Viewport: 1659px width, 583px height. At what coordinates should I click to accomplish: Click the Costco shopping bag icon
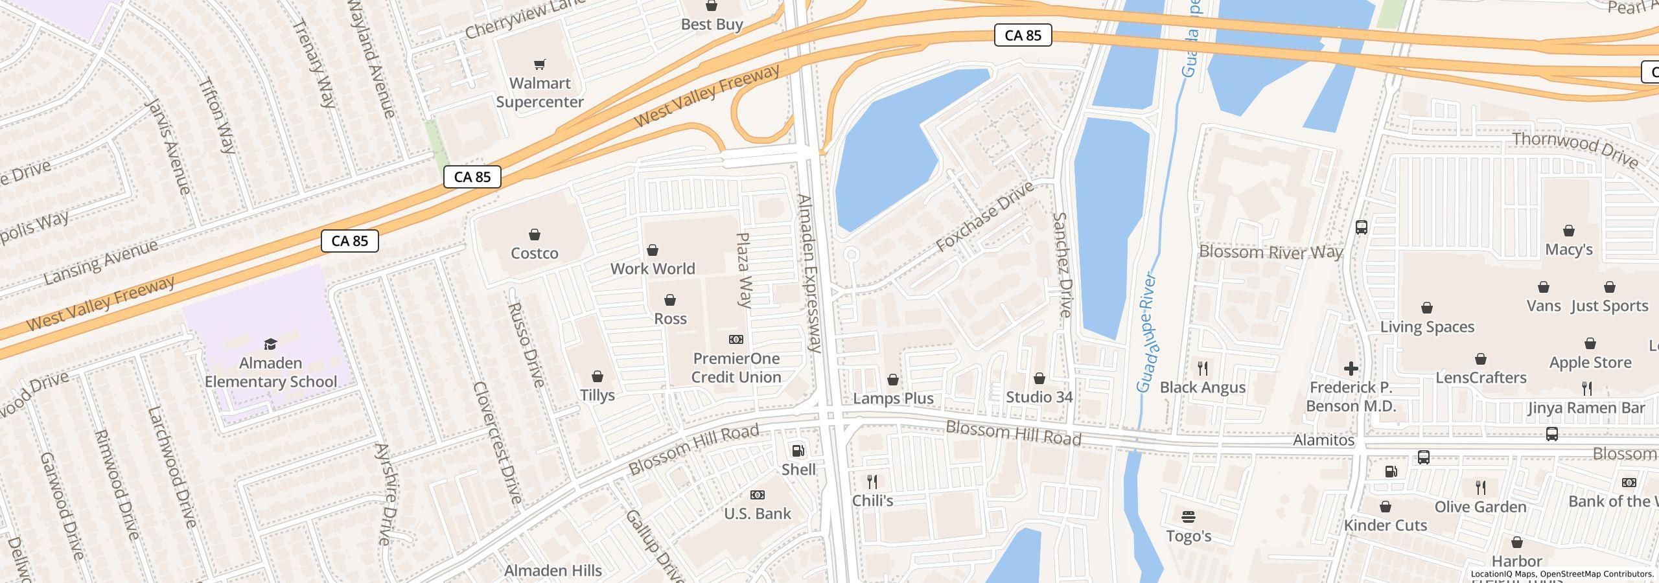[x=534, y=234]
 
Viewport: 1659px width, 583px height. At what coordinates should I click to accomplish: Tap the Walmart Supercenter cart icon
[x=539, y=64]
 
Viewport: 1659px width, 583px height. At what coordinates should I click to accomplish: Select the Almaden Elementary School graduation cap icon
[x=270, y=344]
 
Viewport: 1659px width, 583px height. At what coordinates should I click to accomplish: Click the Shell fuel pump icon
[x=798, y=451]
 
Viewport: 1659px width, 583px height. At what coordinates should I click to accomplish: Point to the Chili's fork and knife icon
[x=872, y=482]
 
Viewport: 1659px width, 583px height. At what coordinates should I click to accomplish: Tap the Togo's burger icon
[x=1188, y=517]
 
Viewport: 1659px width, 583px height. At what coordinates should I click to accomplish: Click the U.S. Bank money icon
[x=757, y=496]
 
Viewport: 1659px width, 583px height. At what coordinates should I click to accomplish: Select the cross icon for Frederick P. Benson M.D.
[x=1351, y=369]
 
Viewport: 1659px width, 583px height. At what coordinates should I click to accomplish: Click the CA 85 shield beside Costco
[x=472, y=177]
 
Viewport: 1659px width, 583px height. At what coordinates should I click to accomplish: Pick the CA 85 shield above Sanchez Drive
[x=1023, y=35]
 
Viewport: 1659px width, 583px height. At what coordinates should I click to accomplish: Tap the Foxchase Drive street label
[x=985, y=218]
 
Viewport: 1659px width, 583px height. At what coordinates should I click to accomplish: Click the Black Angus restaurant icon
[x=1203, y=369]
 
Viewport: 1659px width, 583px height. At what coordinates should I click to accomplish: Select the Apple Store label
[x=1590, y=363]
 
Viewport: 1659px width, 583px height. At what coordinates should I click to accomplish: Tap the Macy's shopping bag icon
[x=1568, y=231]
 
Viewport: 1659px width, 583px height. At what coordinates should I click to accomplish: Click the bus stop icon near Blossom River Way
[x=1361, y=227]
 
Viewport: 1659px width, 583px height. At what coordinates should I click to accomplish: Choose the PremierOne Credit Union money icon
[x=736, y=339]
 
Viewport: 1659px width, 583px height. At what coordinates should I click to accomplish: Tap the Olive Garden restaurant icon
[x=1480, y=488]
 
